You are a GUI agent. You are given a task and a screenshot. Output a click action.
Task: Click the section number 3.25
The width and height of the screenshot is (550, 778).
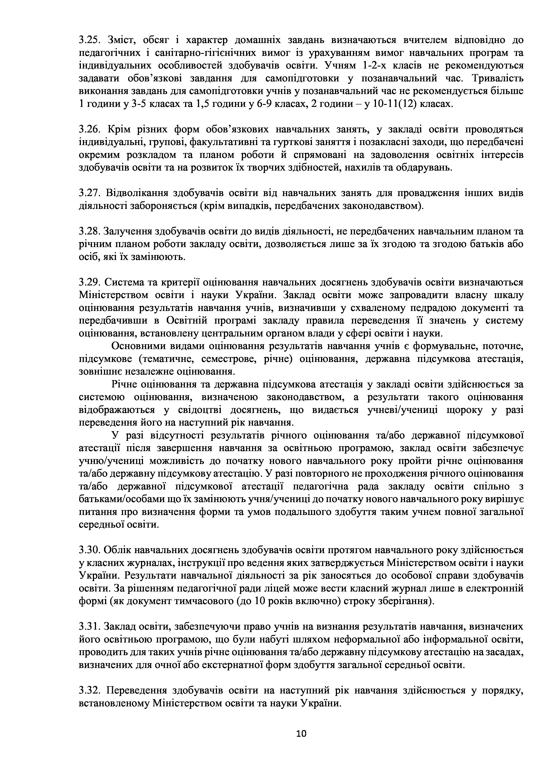tap(89, 40)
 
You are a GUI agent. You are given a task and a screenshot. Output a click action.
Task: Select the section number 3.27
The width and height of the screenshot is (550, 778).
tap(89, 193)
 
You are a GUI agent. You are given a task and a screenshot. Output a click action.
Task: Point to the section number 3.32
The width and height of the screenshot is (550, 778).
tap(89, 691)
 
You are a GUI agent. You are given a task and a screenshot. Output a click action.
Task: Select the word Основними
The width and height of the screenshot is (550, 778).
tap(137, 346)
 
